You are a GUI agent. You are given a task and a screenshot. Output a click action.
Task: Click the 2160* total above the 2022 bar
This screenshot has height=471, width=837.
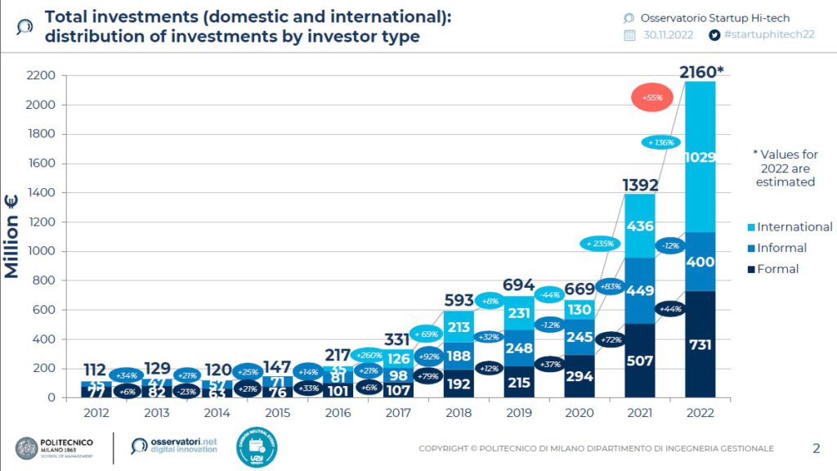pos(701,73)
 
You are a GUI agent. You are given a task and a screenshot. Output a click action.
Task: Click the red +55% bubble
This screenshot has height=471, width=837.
pos(651,98)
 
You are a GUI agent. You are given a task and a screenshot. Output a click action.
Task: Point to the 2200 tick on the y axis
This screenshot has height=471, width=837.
pos(40,75)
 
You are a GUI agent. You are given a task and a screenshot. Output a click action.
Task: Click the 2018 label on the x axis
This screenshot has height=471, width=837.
pos(459,413)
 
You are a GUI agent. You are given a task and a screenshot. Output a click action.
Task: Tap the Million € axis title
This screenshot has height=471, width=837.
pos(12,238)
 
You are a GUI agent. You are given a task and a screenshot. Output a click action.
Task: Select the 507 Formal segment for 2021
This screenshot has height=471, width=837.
pos(639,361)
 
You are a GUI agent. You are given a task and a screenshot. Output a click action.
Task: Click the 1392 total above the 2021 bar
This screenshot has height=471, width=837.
pos(639,184)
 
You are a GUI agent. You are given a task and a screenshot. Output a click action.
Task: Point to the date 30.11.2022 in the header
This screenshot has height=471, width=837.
pos(669,35)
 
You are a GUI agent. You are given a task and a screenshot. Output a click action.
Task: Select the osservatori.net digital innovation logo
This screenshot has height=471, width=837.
pos(174,446)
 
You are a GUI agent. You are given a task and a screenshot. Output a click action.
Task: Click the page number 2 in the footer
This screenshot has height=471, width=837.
pos(816,448)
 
